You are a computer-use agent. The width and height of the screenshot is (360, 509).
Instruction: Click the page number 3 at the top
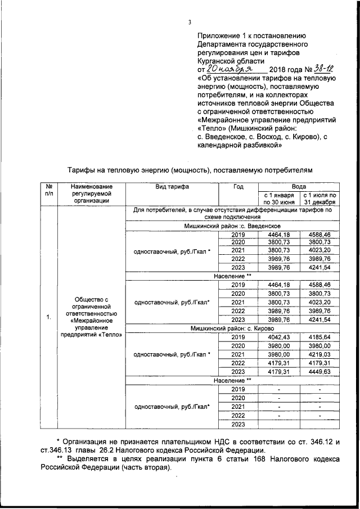tap(190, 22)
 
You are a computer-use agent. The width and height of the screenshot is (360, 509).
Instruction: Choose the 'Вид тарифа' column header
tap(172, 186)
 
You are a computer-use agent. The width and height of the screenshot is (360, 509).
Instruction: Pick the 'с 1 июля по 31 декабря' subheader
tap(319, 199)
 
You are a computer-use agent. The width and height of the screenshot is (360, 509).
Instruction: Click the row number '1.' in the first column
tap(49, 317)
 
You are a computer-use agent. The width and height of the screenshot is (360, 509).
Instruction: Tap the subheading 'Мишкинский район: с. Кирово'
tap(232, 327)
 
